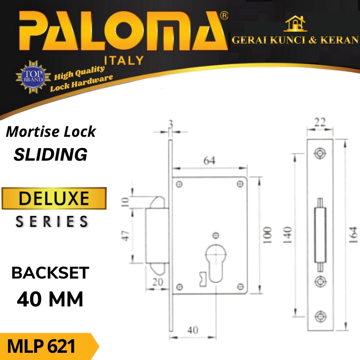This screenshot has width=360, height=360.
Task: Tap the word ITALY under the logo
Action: pyautogui.click(x=123, y=60)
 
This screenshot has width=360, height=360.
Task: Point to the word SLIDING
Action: pyautogui.click(x=50, y=155)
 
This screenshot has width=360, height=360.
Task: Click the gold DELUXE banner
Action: pyautogui.click(x=54, y=198)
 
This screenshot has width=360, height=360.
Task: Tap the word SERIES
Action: pyautogui.click(x=52, y=221)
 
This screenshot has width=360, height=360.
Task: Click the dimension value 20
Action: pyautogui.click(x=157, y=282)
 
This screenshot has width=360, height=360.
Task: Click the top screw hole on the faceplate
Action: pyautogui.click(x=320, y=153)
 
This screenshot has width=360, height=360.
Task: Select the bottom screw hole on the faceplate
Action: pyautogui.click(x=320, y=315)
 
